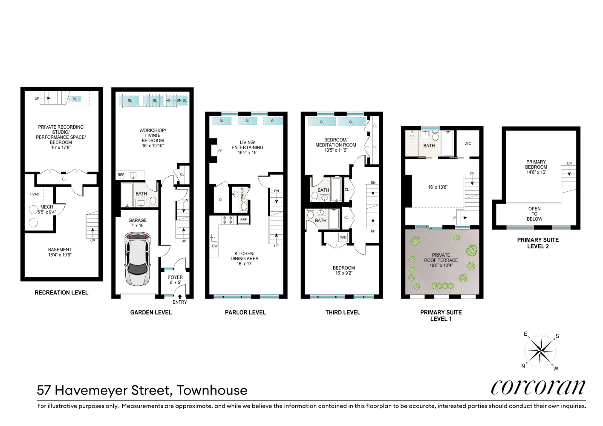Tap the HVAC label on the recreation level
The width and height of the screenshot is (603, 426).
(x=35, y=194)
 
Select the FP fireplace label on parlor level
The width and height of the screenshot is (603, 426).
(x=220, y=151)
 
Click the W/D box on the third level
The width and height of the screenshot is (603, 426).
(x=343, y=237)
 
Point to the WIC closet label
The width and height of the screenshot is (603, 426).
(x=468, y=144)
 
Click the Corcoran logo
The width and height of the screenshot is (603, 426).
(x=538, y=387)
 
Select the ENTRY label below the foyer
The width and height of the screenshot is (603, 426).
(x=179, y=302)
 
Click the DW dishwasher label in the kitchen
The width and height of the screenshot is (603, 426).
(x=215, y=246)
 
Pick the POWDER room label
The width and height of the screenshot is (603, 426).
(x=242, y=196)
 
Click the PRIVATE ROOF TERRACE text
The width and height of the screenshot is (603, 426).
(x=441, y=260)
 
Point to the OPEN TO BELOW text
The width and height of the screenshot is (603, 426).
(x=534, y=214)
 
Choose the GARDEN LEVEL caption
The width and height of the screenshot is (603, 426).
(x=151, y=312)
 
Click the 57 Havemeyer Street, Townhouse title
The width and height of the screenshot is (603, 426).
(x=142, y=390)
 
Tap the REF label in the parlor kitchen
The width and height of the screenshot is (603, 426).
(x=243, y=220)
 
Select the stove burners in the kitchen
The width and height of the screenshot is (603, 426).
(x=227, y=220)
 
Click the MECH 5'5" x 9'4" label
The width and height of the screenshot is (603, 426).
(x=46, y=210)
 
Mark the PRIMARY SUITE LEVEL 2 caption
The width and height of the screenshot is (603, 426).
(x=538, y=243)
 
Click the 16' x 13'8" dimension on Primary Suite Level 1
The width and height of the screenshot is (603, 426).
(x=438, y=187)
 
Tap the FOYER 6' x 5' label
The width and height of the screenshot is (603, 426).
(x=175, y=280)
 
